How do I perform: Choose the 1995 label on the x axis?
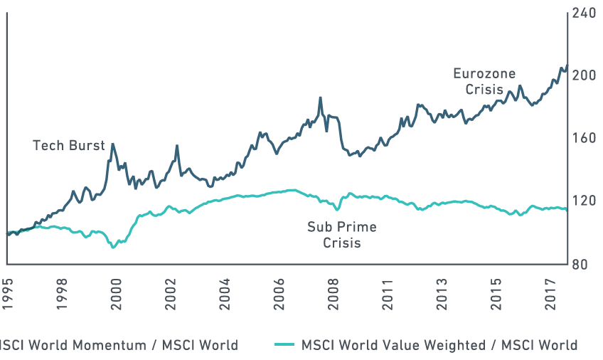[8, 288]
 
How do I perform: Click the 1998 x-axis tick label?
[63, 288]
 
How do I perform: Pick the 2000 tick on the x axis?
[117, 288]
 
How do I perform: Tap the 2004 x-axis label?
[225, 288]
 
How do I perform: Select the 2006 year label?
[279, 288]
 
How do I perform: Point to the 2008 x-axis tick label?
[333, 288]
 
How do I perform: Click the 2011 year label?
[388, 288]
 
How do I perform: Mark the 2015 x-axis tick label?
[496, 288]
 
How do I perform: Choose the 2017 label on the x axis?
[550, 288]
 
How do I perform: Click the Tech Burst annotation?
[69, 146]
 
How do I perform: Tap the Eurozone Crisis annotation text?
[484, 82]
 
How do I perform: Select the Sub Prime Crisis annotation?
[341, 235]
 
